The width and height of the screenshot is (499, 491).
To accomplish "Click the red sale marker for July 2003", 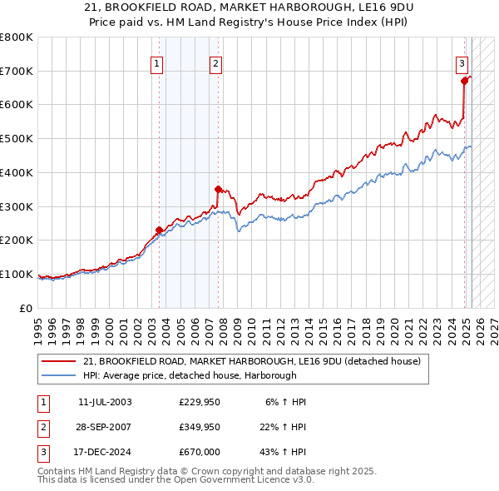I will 159,230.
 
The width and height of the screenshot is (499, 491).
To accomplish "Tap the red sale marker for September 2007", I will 218,189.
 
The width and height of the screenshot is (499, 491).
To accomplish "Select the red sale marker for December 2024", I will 464,81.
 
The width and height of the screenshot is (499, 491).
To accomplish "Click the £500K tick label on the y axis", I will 17,139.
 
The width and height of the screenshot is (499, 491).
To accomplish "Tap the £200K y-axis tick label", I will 17,241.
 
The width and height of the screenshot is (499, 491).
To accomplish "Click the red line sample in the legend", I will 60,360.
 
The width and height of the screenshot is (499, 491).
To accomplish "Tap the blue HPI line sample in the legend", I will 60,375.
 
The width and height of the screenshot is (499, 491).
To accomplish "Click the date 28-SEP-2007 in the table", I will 105,428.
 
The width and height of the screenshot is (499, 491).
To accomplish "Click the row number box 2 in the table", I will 42,428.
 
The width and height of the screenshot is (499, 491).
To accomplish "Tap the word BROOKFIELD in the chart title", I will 136,7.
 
